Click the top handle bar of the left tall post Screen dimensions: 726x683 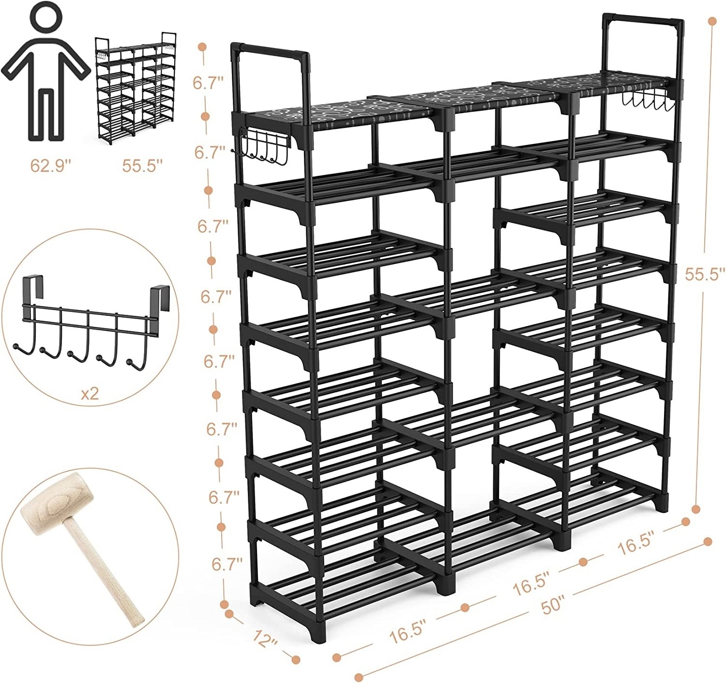click(x=271, y=50)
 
